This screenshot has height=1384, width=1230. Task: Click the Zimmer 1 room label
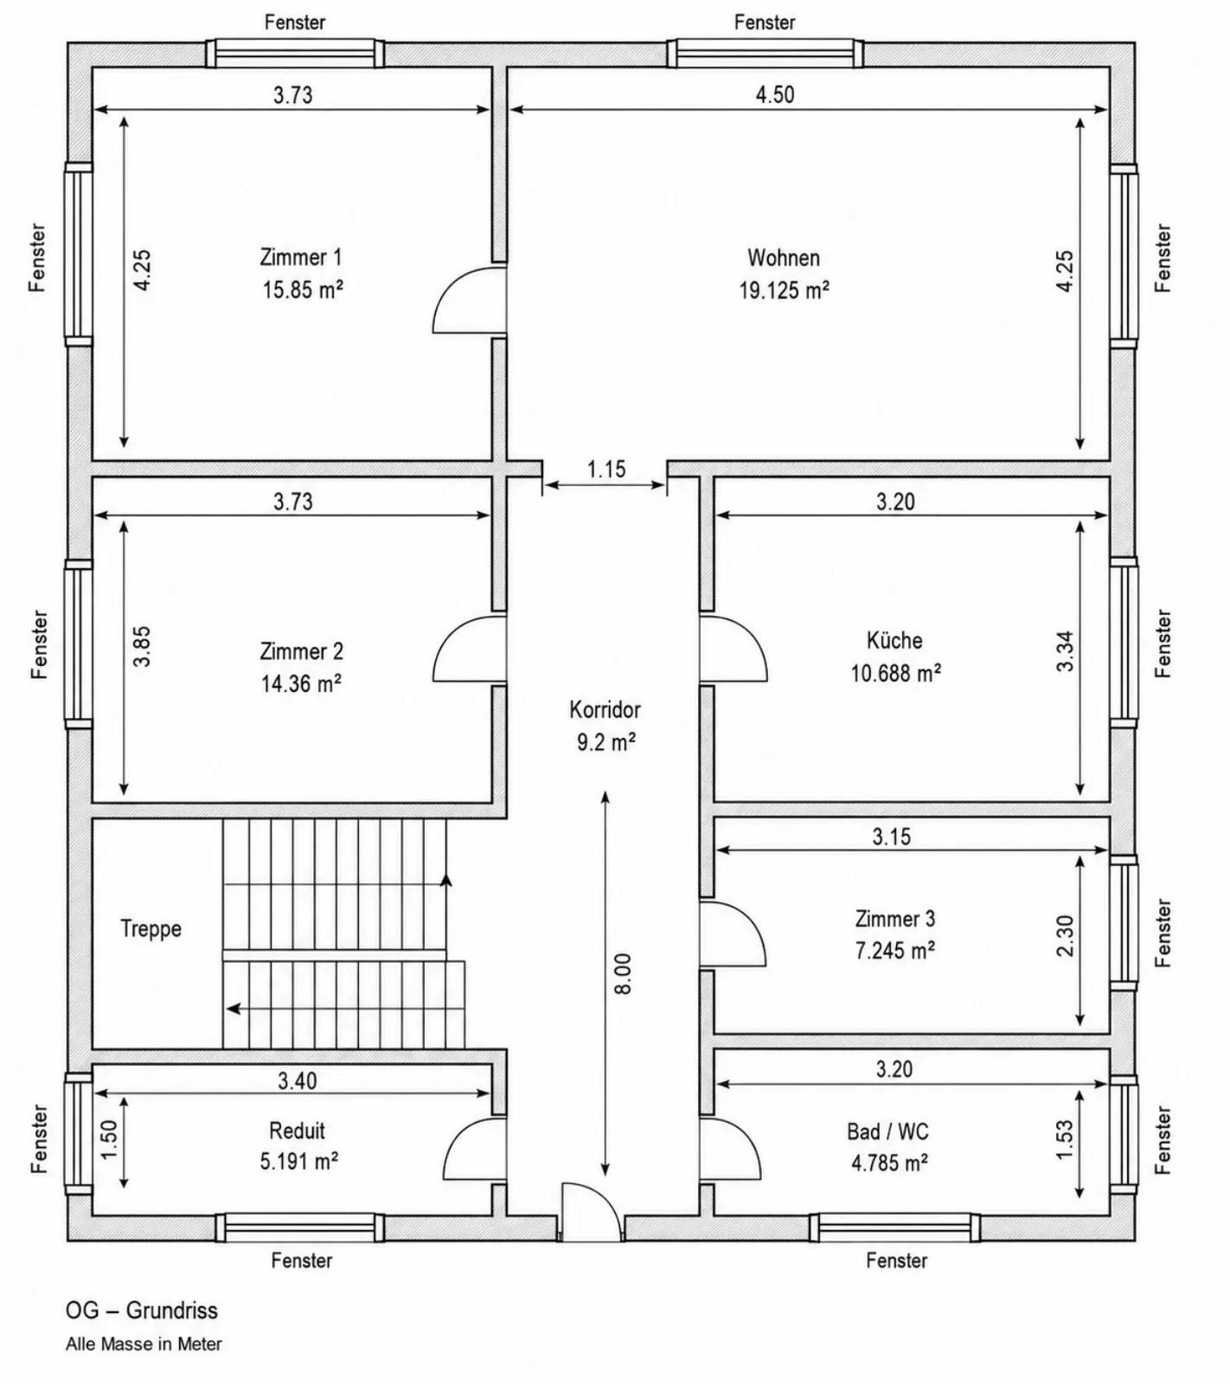pyautogui.click(x=300, y=257)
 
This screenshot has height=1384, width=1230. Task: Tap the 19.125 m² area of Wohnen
pyautogui.click(x=784, y=290)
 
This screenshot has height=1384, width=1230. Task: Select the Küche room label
pyautogui.click(x=894, y=640)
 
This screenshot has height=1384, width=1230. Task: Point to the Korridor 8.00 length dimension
pyautogui.click(x=624, y=973)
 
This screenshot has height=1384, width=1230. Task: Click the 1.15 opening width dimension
pyautogui.click(x=606, y=469)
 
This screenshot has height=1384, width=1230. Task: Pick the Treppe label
pyautogui.click(x=151, y=929)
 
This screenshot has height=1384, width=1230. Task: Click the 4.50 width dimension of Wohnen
pyautogui.click(x=775, y=94)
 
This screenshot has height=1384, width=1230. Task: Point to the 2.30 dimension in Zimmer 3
pyautogui.click(x=1065, y=936)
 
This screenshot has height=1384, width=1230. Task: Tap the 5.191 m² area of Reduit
pyautogui.click(x=299, y=1162)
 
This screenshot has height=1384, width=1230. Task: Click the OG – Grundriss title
pyautogui.click(x=142, y=1310)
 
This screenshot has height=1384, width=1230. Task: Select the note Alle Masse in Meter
pyautogui.click(x=144, y=1344)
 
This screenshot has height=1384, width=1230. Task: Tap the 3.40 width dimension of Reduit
pyautogui.click(x=298, y=1080)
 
